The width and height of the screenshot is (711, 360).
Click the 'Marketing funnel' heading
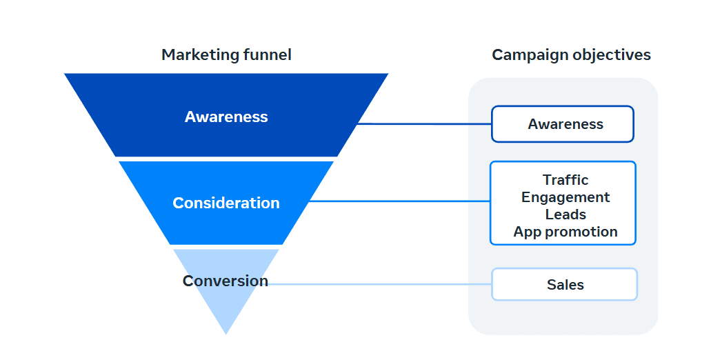pyautogui.click(x=226, y=55)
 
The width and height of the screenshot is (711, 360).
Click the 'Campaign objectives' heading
pyautogui.click(x=571, y=55)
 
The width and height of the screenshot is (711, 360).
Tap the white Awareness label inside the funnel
pyautogui.click(x=226, y=117)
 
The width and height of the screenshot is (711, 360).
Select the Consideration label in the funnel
pyautogui.click(x=226, y=203)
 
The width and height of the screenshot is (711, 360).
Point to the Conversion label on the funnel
pyautogui.click(x=226, y=281)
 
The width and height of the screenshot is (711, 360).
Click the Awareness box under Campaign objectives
pyautogui.click(x=563, y=123)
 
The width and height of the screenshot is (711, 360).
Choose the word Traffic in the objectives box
pyautogui.click(x=565, y=180)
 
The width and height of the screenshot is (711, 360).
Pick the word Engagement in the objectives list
pyautogui.click(x=565, y=197)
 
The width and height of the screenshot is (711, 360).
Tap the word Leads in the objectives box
pyautogui.click(x=565, y=214)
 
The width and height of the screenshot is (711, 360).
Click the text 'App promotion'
pyautogui.click(x=565, y=232)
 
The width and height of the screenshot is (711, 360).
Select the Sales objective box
pyautogui.click(x=565, y=284)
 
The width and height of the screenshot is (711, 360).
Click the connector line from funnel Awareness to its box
pyautogui.click(x=425, y=123)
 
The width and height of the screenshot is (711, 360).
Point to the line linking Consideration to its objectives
pyautogui.click(x=399, y=201)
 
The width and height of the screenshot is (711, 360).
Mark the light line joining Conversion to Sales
pyautogui.click(x=379, y=284)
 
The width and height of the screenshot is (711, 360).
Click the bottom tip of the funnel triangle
pyautogui.click(x=226, y=334)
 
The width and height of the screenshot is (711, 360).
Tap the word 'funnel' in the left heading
pyautogui.click(x=267, y=55)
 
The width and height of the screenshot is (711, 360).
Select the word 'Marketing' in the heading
pyautogui.click(x=200, y=55)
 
